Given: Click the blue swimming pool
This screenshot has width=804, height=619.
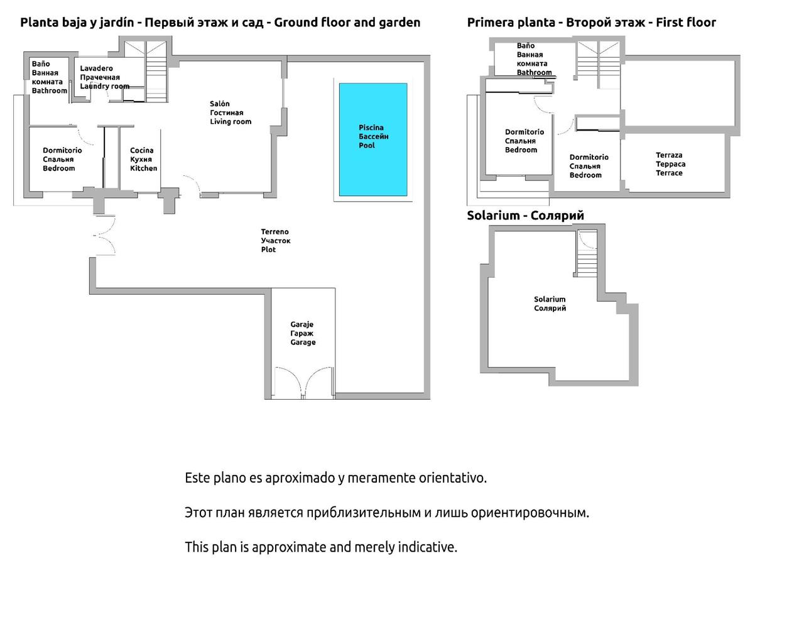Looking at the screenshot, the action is pos(373,140).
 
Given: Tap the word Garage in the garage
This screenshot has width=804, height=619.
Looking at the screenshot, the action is pos(303,342).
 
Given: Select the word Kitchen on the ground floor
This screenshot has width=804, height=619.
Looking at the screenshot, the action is pos(144,168).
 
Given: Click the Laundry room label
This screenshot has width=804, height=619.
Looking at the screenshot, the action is pos(105,86).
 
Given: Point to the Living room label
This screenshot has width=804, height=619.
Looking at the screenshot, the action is pos(231,122).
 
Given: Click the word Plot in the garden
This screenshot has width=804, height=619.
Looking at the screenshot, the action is pos(268,249).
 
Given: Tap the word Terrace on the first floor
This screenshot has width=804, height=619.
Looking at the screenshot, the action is pos(669,173).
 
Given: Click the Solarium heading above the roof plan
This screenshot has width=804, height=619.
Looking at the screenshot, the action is pos(525,216).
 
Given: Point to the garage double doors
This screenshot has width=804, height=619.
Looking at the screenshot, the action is pos(303,383).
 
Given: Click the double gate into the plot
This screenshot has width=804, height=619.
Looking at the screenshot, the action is pos(104,235).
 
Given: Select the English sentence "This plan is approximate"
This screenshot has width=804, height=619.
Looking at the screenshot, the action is pos(321,547).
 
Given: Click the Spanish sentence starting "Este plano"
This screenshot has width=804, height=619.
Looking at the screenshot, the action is pos(335,478).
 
